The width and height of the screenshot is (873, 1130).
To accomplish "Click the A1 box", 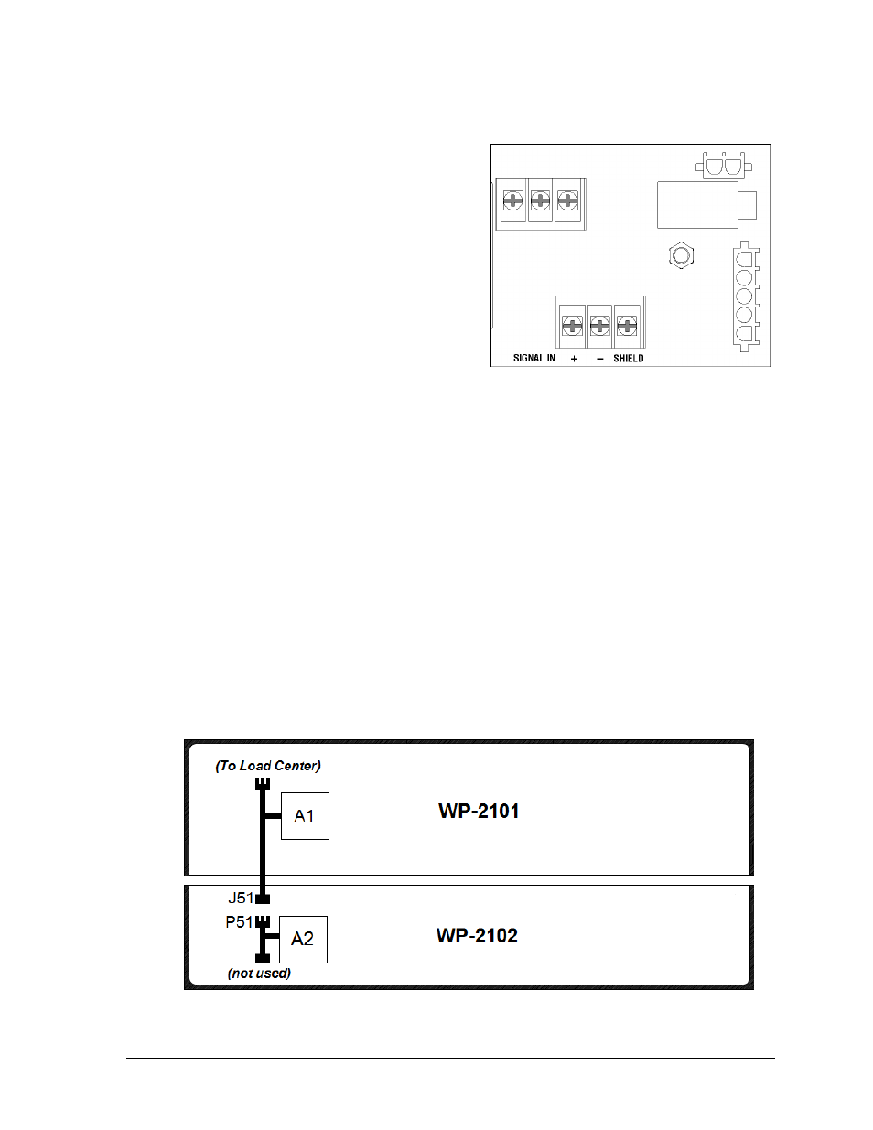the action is (305, 816).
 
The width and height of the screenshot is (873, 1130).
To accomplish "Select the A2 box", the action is (303, 939).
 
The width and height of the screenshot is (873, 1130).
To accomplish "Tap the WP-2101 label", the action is (479, 812).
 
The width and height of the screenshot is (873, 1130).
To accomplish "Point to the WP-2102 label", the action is (478, 935).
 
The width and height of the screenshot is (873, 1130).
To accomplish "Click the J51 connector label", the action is (241, 898).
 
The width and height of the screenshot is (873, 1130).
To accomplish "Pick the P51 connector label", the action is (239, 922).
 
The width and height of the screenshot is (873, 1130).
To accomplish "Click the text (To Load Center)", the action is (268, 766).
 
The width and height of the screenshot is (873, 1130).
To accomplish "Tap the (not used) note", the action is (260, 973).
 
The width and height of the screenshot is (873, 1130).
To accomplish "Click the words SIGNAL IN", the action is (534, 358).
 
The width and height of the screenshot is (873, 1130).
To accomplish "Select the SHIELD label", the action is (628, 359).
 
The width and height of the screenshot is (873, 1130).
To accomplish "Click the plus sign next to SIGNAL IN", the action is (574, 359).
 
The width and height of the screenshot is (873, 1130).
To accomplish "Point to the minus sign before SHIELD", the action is (600, 359).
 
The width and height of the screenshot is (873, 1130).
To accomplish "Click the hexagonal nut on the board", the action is (681, 255).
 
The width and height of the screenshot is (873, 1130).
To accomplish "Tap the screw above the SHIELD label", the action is (627, 326).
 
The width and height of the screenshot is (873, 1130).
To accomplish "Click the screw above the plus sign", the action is (572, 326).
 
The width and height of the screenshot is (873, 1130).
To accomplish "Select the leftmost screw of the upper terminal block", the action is (513, 200).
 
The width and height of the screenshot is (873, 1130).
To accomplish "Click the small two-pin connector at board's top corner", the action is (724, 166).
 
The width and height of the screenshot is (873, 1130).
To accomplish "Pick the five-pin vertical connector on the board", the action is (746, 296).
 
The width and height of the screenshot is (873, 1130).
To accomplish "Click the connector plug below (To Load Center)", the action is (263, 783).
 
